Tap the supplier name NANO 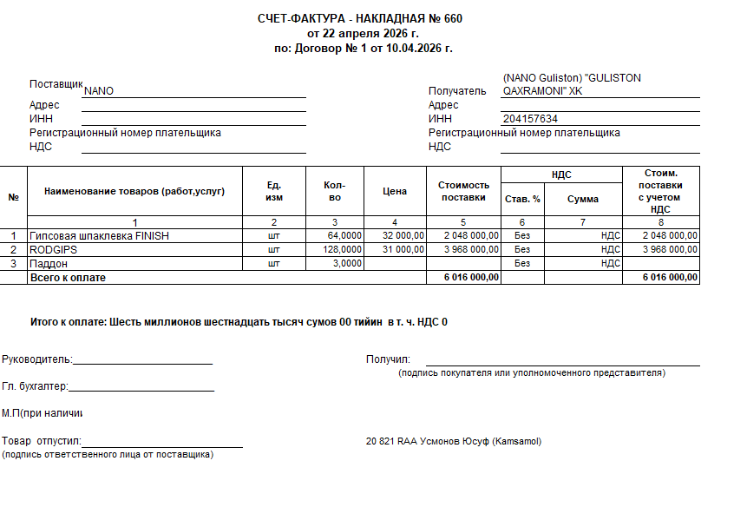(x=99, y=90)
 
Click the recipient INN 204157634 (x=529, y=119)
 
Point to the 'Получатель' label (x=457, y=90)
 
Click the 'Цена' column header (x=395, y=191)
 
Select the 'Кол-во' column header (x=335, y=191)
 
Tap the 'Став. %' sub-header (x=522, y=199)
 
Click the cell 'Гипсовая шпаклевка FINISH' (x=99, y=235)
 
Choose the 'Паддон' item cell (x=49, y=263)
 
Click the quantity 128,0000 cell (x=344, y=249)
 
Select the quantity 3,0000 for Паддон (x=347, y=263)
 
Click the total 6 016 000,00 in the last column (x=670, y=277)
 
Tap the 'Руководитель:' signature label (x=37, y=359)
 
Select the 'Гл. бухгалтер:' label (x=35, y=386)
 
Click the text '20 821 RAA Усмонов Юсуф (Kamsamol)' (x=454, y=441)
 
